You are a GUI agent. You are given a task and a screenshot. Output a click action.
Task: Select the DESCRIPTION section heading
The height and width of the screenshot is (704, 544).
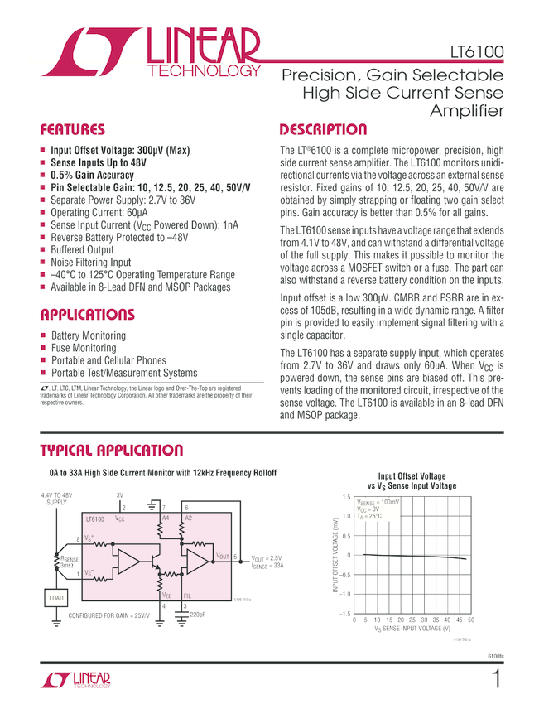[323, 130]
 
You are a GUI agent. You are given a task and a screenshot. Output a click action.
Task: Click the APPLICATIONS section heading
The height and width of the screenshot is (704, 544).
[87, 315]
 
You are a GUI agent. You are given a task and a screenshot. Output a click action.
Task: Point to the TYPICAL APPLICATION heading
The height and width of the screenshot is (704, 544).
[112, 451]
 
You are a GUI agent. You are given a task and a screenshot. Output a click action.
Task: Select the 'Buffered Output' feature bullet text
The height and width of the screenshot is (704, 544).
[82, 249]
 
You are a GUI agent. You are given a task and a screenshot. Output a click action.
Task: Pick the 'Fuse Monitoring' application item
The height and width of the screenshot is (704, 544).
[84, 349]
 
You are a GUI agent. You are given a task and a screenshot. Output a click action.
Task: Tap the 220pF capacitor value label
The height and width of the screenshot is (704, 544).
[198, 615]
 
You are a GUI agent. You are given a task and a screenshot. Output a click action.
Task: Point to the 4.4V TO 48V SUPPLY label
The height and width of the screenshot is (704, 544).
[56, 499]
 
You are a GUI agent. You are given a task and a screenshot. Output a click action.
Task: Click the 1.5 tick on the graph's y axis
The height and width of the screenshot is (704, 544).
[346, 497]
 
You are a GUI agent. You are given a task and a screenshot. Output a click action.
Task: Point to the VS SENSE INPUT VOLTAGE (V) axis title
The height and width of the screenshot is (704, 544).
[412, 629]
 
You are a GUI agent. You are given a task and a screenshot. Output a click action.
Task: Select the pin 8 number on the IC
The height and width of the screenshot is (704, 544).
[79, 539]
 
